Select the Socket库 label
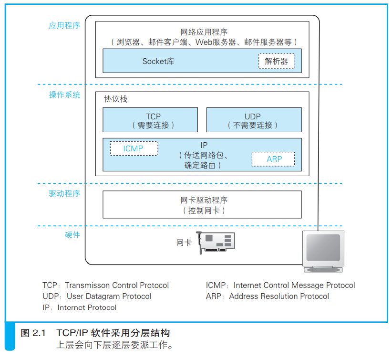[x=158, y=61]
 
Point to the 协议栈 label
[x=115, y=99]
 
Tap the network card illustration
[x=216, y=242]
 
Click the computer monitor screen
[x=323, y=248]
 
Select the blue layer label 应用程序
[x=64, y=25]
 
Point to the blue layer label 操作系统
[x=64, y=95]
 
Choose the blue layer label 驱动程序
[x=64, y=193]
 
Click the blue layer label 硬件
[x=72, y=234]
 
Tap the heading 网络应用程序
[x=204, y=32]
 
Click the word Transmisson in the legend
[x=87, y=285]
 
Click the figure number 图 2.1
[x=33, y=333]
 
